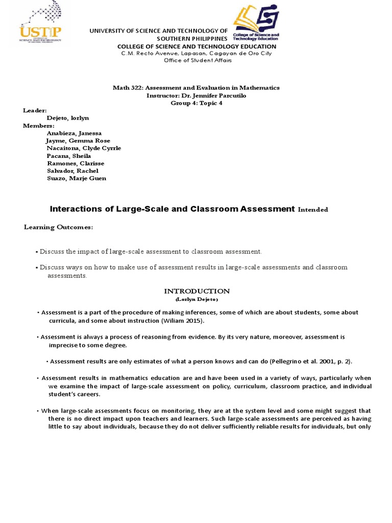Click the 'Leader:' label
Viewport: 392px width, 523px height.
click(x=35, y=110)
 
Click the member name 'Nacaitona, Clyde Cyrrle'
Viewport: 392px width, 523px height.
click(x=84, y=148)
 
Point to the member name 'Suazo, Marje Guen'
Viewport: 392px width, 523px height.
click(x=76, y=178)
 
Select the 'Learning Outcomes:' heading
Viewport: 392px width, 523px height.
click(x=59, y=227)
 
